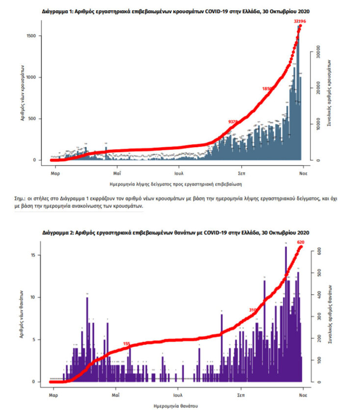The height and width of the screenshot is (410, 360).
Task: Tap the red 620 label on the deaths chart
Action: tap(302, 242)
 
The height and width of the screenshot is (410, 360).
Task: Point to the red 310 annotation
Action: tap(253, 310)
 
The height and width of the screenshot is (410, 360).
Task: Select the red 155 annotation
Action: tap(127, 344)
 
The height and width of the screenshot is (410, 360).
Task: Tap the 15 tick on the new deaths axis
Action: tap(33, 255)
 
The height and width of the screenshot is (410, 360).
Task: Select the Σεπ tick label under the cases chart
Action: tap(241, 173)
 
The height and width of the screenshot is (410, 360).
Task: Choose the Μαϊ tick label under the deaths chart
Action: tap(116, 394)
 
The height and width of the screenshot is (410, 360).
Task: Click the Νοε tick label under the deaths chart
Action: tap(303, 394)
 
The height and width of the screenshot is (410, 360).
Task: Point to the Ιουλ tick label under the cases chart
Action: tap(179, 173)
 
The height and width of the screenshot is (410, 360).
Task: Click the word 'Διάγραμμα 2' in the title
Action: tap(56, 232)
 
